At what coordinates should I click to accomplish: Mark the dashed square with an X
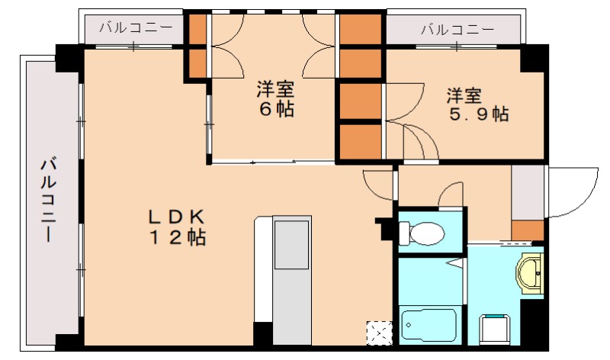click(379, 333)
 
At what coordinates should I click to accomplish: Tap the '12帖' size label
click(176, 237)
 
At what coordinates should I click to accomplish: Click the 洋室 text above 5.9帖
click(464, 96)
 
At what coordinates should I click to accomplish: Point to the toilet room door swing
click(451, 194)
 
